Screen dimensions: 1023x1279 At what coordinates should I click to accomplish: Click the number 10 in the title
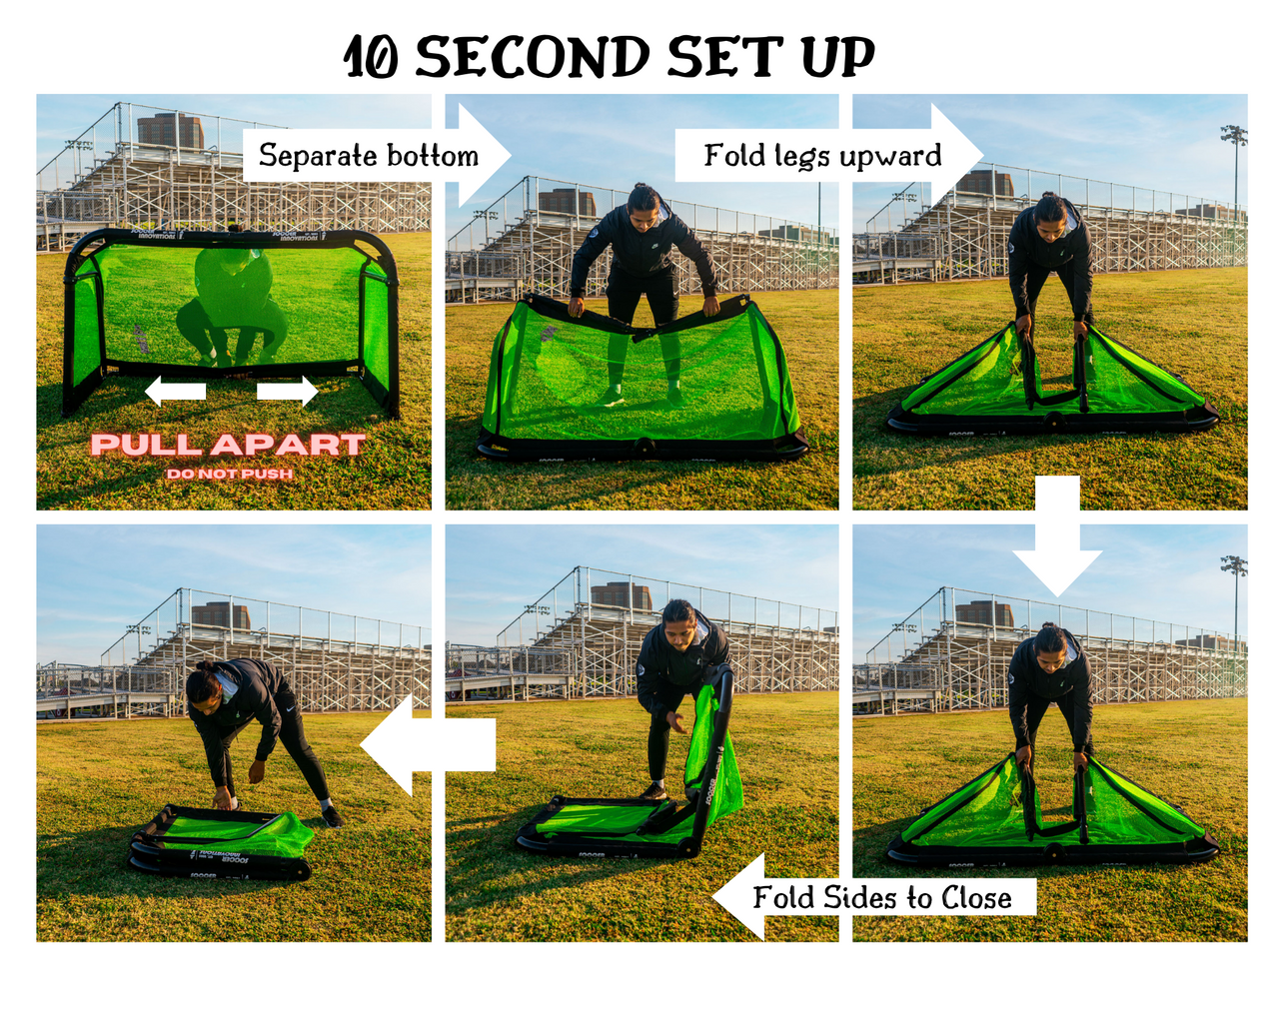(x=372, y=58)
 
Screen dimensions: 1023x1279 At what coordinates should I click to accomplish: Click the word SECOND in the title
(x=533, y=57)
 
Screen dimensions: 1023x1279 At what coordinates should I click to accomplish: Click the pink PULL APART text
(x=228, y=445)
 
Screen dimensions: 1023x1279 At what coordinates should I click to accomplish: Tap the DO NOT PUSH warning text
(x=230, y=474)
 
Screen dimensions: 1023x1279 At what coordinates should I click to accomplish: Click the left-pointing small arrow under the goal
(x=176, y=391)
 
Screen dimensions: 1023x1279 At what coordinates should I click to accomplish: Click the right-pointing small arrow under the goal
(x=287, y=391)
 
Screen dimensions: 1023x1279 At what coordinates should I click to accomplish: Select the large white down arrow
(x=1057, y=539)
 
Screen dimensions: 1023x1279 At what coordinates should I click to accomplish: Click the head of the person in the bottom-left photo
(x=203, y=684)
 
